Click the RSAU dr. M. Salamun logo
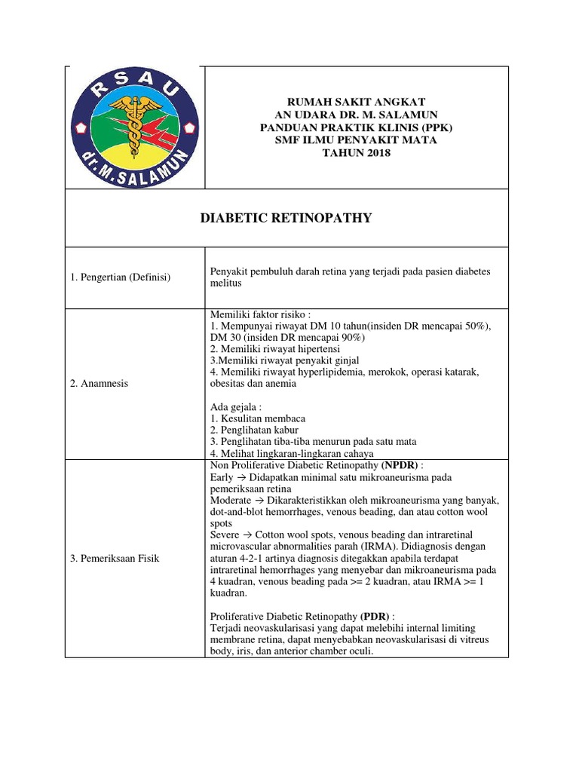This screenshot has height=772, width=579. tap(135, 127)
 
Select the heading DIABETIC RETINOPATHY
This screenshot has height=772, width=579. tap(286, 219)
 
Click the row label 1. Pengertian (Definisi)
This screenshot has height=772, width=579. tap(121, 277)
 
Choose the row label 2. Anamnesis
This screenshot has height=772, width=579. tap(99, 383)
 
